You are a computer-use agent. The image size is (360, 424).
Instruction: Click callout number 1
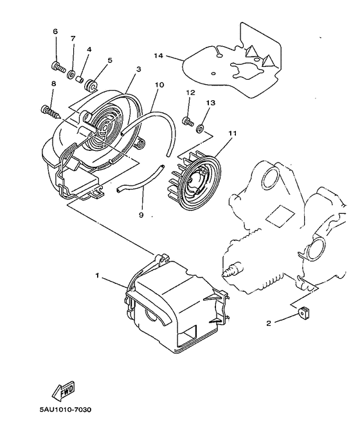(97, 276)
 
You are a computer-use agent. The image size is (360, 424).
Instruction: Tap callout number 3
(138, 68)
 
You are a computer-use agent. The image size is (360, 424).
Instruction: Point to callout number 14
(158, 57)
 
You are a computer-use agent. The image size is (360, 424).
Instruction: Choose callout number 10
(159, 84)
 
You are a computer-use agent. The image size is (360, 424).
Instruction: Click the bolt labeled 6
(57, 66)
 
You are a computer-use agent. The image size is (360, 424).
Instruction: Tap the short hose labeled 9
(135, 183)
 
